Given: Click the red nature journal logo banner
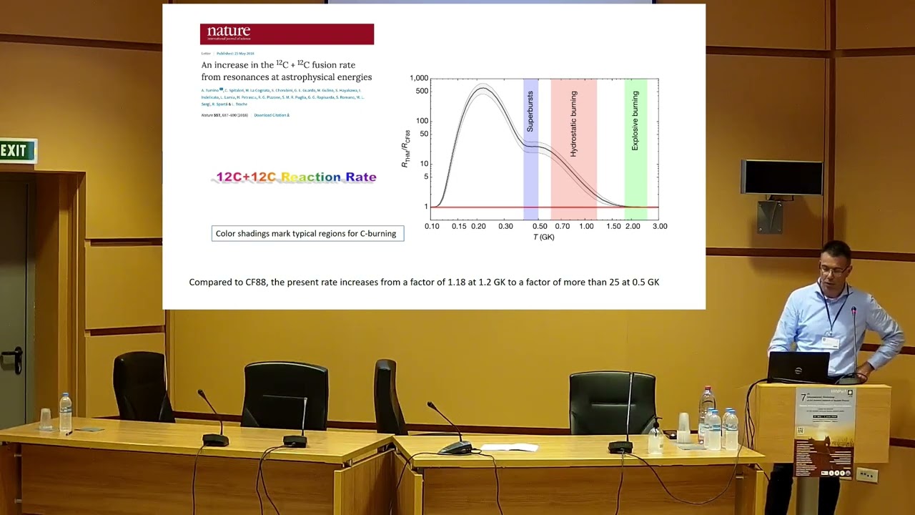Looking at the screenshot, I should coord(287,34).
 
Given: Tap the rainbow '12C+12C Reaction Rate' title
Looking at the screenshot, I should coord(296,177).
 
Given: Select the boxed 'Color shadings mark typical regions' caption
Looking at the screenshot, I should coord(307,233).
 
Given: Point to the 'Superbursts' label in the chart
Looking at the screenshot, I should coord(530,111).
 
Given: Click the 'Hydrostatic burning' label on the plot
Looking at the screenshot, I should coord(573,124).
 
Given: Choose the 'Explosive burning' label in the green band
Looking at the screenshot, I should coord(635,120).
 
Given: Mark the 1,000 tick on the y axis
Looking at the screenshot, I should coord(418,78).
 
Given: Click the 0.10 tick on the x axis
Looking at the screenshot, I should coord(432,226).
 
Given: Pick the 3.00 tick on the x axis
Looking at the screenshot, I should coord(659,226).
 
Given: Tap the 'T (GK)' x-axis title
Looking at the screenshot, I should coord(543,237).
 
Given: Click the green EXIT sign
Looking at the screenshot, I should coord(16,151).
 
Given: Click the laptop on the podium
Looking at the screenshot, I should coord(798,367).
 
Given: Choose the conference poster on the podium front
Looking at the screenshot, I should coord(824,433).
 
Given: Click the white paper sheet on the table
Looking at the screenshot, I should coord(510,447).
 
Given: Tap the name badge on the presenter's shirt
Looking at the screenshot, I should coord(830,342).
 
